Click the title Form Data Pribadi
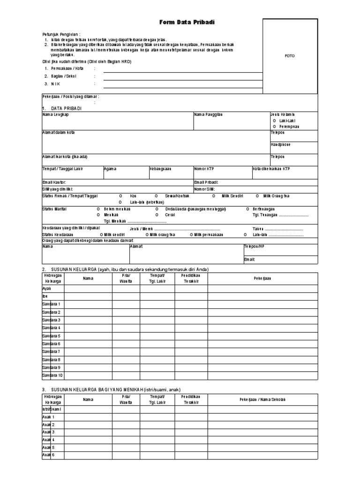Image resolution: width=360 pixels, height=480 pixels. coord(180,22)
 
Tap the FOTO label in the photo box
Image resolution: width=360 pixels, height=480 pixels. coord(290,56)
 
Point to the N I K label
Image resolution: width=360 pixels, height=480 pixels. coord(56,84)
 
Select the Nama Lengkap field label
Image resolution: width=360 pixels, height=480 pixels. coord(56,114)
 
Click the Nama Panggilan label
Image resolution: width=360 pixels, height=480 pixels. coord(208,114)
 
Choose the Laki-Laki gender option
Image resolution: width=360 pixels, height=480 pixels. coord(286,120)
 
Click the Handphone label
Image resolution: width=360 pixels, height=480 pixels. coord(281,145)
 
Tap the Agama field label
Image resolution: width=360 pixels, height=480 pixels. coord(110,168)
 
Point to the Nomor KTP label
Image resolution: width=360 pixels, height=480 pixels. coord(204,168)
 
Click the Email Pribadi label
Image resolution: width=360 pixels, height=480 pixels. coord(206,182)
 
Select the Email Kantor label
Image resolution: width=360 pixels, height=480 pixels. coord(54,182)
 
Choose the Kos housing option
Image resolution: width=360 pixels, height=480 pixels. coord(133,195)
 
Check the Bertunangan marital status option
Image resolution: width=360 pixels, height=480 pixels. coord(264,209)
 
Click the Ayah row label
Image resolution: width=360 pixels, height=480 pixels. coord(46,289)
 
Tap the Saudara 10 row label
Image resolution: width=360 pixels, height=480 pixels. coord(52,375)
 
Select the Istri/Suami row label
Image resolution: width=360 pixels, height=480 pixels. coord(52,409)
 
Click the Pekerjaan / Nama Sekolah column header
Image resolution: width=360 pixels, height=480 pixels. coord(262,399)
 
